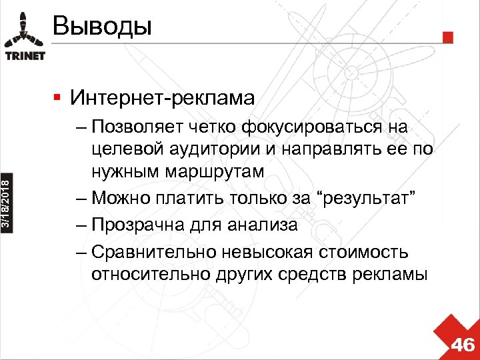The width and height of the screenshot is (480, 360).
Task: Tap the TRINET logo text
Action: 25,55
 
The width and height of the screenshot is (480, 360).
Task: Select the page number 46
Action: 463,345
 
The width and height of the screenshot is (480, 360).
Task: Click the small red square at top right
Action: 448,36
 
